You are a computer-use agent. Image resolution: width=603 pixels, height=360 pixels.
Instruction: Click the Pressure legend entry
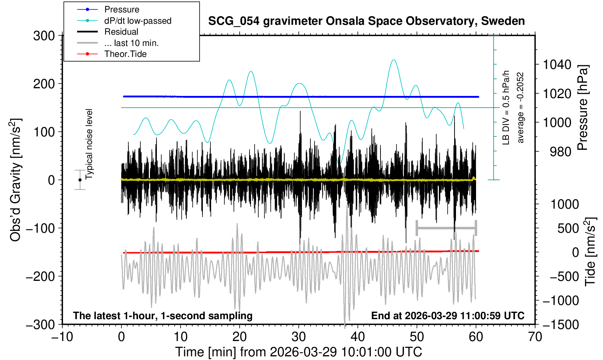coord(121,9)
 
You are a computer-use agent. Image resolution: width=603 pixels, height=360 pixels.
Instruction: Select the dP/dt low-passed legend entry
coord(138,21)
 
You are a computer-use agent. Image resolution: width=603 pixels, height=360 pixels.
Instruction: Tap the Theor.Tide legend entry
coord(125,54)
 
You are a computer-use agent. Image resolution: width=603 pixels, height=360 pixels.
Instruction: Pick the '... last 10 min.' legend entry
coord(131,43)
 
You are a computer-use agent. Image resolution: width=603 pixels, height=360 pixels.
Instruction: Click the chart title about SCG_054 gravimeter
coord(366,21)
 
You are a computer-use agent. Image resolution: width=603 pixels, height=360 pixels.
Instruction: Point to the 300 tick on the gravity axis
coord(44,36)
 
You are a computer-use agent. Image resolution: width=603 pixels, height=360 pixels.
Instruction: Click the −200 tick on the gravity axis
coord(40,276)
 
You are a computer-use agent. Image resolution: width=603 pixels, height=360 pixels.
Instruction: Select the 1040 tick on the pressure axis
coord(557,65)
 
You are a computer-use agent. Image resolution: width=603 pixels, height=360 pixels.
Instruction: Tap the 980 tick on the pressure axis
coord(561,151)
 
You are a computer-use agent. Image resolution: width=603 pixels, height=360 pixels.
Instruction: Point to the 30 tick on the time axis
coord(299,336)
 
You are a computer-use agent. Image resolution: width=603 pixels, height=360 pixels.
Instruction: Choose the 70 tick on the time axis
coord(535,336)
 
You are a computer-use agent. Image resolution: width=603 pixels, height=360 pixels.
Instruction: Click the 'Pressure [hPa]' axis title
coord(583,108)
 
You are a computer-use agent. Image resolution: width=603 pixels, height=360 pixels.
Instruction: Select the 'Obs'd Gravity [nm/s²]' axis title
coord(16,180)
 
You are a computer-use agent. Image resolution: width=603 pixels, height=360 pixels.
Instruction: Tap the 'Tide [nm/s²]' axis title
coord(590,252)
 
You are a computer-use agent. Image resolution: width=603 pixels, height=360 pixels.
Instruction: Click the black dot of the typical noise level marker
coord(80,180)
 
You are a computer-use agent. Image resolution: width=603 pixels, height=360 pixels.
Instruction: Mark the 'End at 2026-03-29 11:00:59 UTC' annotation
coord(448,316)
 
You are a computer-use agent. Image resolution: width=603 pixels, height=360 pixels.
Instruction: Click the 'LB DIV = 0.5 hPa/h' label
coord(506,108)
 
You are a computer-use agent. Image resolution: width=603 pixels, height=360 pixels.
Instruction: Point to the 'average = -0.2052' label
coord(521,108)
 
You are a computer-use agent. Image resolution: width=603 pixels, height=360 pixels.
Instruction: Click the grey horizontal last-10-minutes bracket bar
coord(446,228)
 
